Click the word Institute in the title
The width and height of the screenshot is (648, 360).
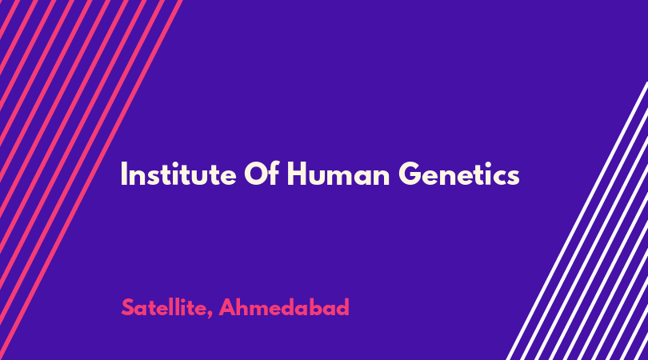(178, 174)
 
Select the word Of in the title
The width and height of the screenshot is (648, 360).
(262, 174)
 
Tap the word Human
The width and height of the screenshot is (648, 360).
(338, 174)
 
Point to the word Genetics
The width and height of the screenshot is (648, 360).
(459, 174)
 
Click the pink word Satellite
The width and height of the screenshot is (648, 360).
(164, 307)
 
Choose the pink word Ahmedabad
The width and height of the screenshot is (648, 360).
(284, 307)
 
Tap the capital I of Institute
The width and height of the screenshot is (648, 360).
(123, 174)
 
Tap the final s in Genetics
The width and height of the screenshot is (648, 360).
(514, 177)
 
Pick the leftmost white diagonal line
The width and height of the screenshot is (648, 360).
(578, 221)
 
